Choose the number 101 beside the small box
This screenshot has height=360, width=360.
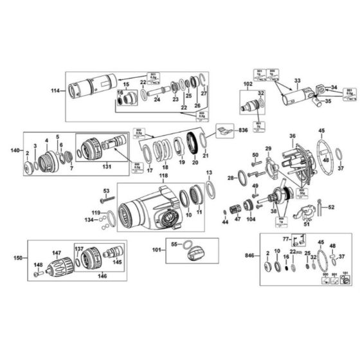pyautogui.click(x=156, y=249)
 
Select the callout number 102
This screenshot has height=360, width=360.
pyautogui.click(x=248, y=84)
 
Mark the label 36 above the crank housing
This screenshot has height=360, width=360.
pyautogui.click(x=292, y=136)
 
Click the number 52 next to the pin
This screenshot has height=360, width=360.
pyautogui.click(x=332, y=207)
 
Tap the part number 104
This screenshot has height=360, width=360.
pyautogui.click(x=251, y=219)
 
